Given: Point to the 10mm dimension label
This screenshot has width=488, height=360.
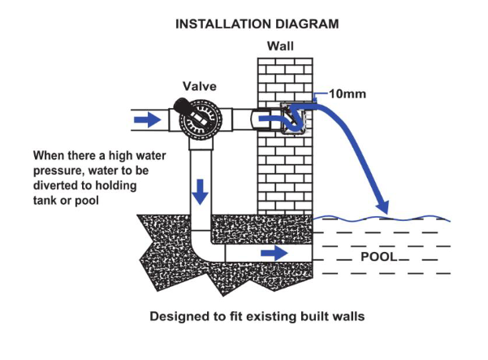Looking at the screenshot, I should (350, 93).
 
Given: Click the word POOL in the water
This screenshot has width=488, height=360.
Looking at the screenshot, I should (378, 257).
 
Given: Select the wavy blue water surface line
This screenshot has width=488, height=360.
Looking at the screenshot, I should (382, 218).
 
